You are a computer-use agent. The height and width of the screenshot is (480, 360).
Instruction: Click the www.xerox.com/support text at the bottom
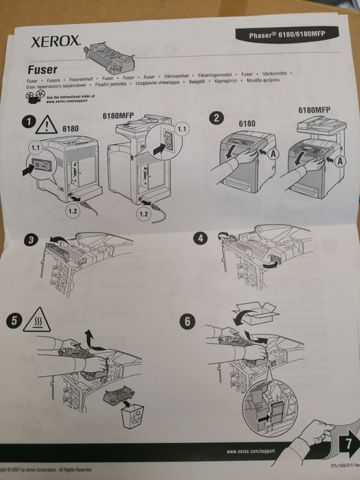254,453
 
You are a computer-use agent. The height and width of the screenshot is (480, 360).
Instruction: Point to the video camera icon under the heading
34,99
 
